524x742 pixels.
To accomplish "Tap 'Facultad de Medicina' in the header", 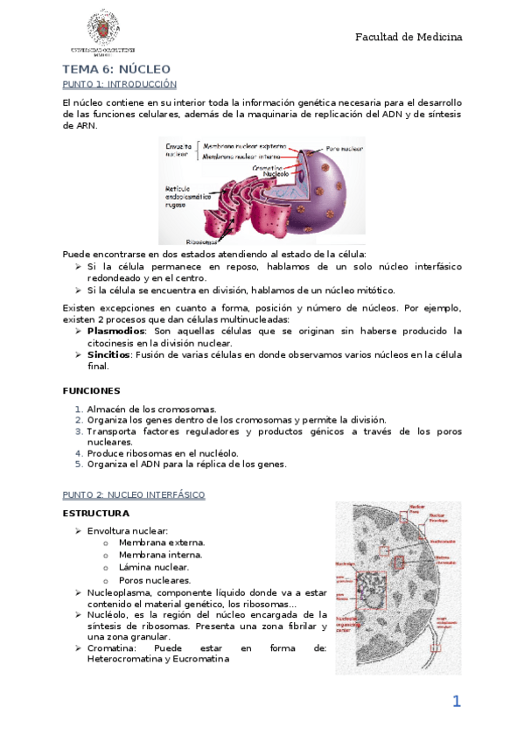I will tap(409, 37).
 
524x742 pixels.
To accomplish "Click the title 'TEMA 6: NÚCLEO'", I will tap(116, 68).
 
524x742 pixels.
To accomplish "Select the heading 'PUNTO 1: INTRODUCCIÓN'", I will tap(120, 84).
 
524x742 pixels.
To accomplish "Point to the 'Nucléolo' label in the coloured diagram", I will tap(276, 173).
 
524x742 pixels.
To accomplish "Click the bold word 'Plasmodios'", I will tap(116, 331).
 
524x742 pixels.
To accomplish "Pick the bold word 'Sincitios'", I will tap(108, 354).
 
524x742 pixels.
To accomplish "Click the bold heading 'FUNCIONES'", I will tap(92, 390).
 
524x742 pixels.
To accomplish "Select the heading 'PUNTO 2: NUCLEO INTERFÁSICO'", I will tap(134, 494).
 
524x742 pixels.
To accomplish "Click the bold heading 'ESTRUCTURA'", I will tap(96, 513).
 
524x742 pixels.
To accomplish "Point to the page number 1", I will tap(456, 701).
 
